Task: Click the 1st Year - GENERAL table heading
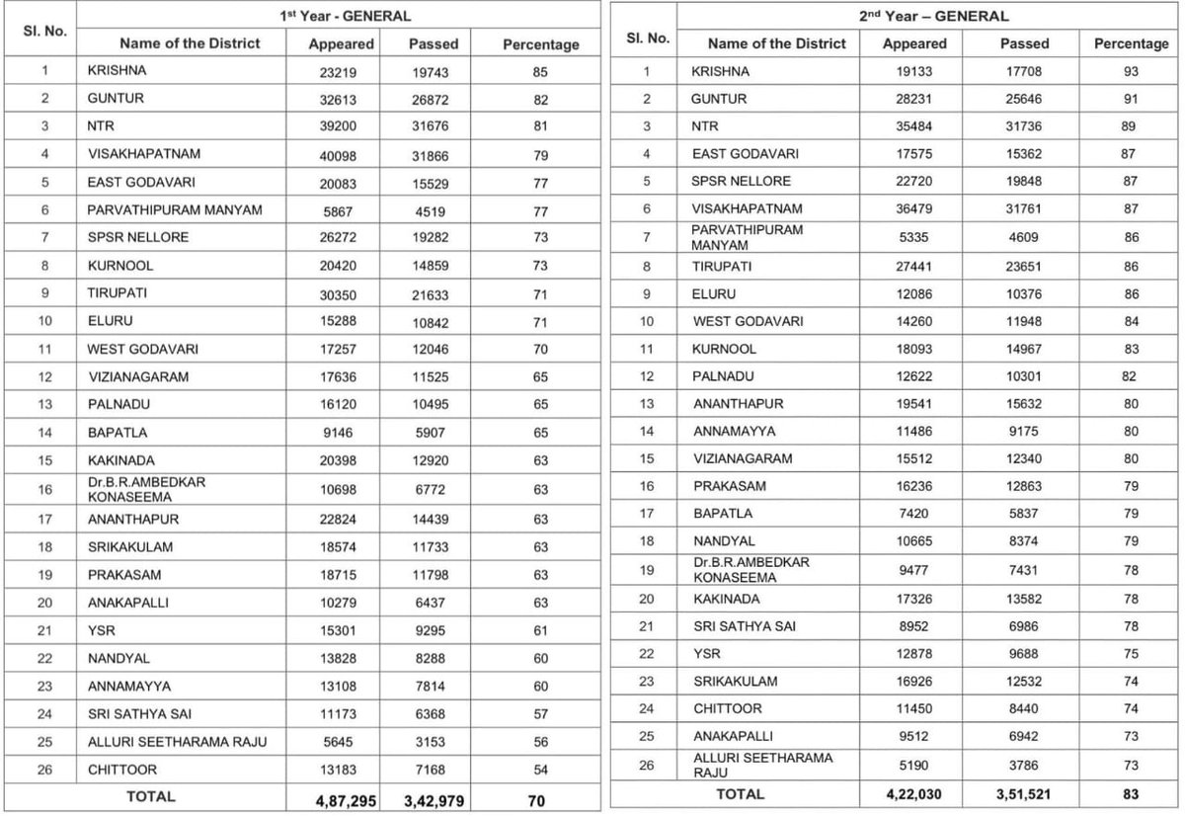tap(342, 16)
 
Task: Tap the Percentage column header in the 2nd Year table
tap(1130, 43)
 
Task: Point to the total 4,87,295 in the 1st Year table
tap(338, 798)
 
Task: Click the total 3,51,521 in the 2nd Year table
tap(1023, 794)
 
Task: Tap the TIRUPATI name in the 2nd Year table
tap(721, 266)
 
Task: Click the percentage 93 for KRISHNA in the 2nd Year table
tap(1130, 71)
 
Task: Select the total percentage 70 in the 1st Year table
tap(535, 798)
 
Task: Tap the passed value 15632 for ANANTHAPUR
tap(1023, 404)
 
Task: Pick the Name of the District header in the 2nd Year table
tap(776, 43)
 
